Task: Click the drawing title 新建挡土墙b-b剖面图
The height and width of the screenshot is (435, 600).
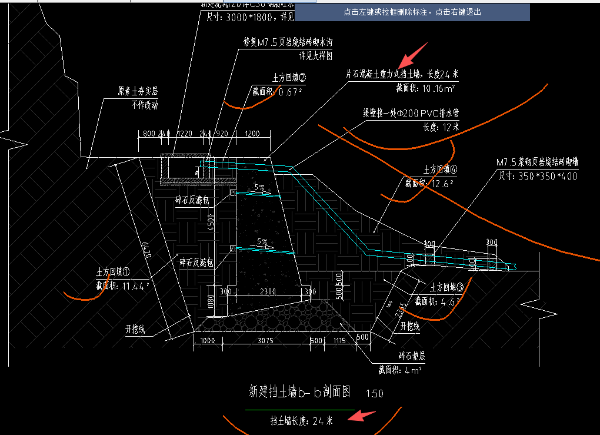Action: click(x=300, y=391)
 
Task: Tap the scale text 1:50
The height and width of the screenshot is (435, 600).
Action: click(x=374, y=393)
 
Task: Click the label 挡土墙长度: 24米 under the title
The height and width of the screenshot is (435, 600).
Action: click(x=301, y=420)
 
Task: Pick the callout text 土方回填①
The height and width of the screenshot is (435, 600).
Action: click(x=113, y=273)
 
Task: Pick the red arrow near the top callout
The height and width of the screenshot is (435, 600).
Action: click(x=413, y=55)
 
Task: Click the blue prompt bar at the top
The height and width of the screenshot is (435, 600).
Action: click(x=412, y=12)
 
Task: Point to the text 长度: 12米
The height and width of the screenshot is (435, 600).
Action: click(x=441, y=127)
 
